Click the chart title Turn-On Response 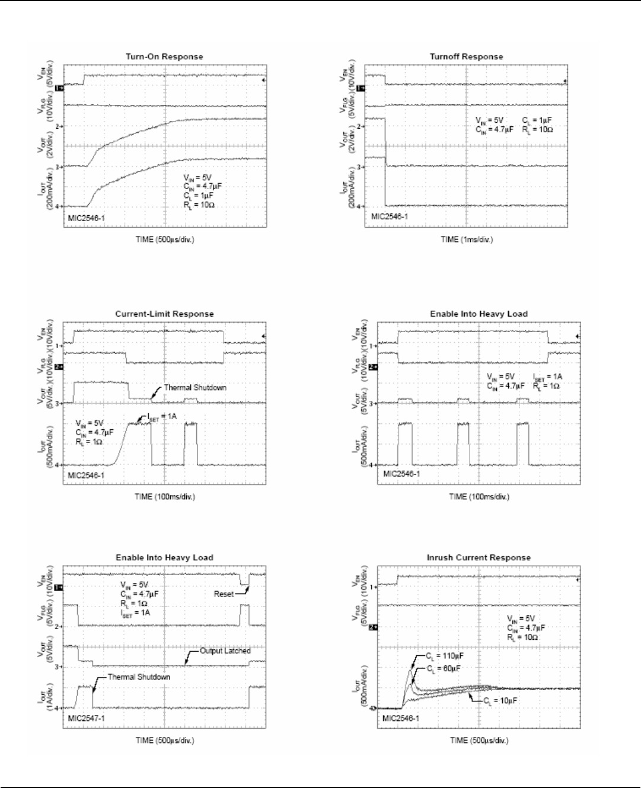pyautogui.click(x=164, y=57)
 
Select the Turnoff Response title pyautogui.click(x=466, y=57)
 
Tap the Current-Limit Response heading pyautogui.click(x=164, y=314)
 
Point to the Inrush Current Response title pyautogui.click(x=479, y=558)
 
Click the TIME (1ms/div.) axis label pyautogui.click(x=466, y=240)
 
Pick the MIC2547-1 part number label pyautogui.click(x=87, y=718)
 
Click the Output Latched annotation pyautogui.click(x=225, y=651)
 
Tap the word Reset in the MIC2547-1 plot pyautogui.click(x=224, y=594)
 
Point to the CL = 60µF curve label pyautogui.click(x=444, y=668)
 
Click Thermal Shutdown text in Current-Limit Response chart pyautogui.click(x=195, y=388)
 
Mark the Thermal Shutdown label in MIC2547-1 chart pyautogui.click(x=139, y=677)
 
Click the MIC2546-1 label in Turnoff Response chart pyautogui.click(x=389, y=216)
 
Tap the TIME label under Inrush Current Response pyautogui.click(x=479, y=741)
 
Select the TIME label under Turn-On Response pyautogui.click(x=164, y=240)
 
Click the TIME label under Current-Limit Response pyautogui.click(x=164, y=497)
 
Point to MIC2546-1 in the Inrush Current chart pyautogui.click(x=401, y=718)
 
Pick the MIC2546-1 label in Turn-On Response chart pyautogui.click(x=87, y=218)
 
